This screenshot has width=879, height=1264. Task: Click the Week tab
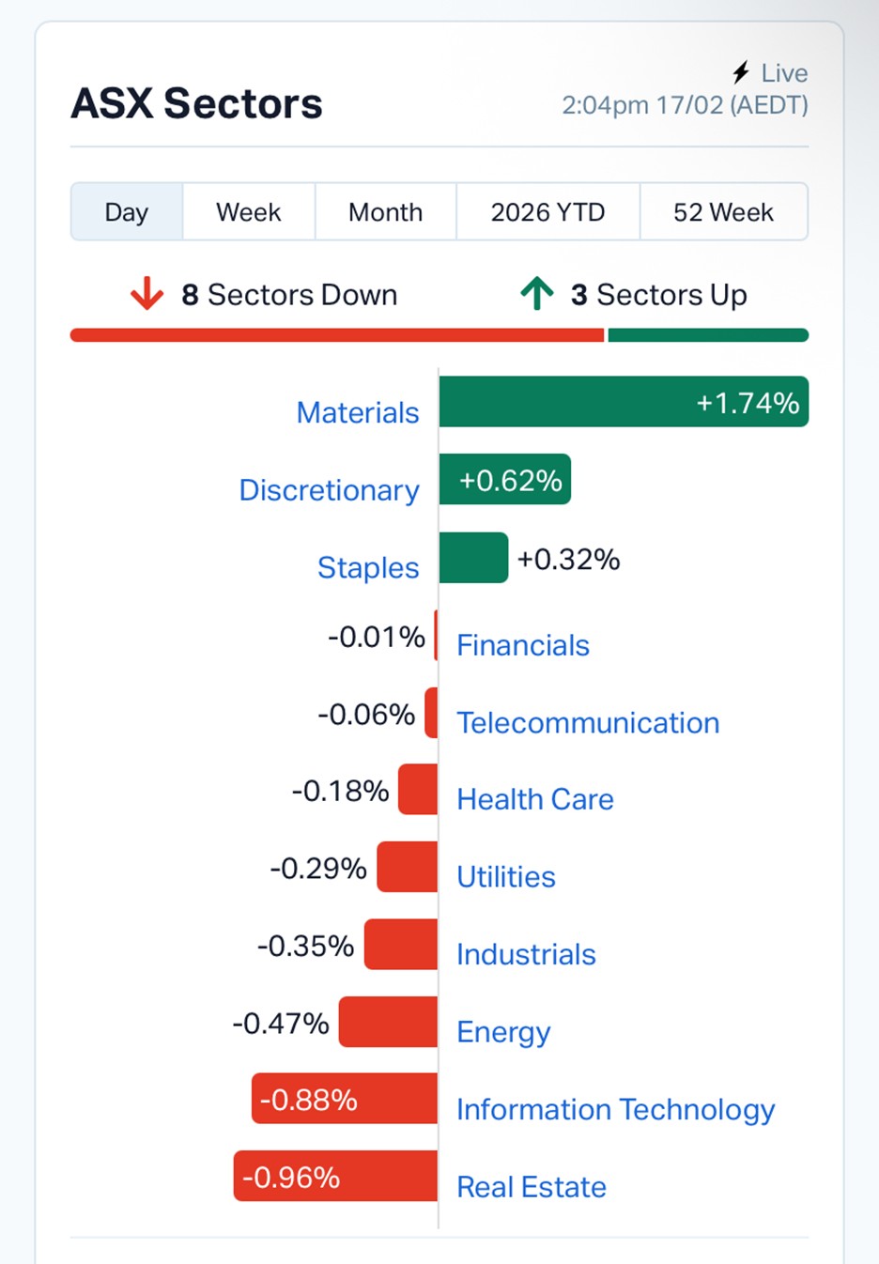248,212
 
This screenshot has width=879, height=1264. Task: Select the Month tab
385,212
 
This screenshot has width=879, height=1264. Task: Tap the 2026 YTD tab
547,212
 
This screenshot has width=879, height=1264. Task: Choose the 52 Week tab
723,212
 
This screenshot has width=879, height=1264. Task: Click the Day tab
127,212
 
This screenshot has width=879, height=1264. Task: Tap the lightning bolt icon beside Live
741,72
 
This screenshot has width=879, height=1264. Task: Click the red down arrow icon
146,294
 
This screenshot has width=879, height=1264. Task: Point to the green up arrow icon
537,294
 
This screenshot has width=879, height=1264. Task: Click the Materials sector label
358,412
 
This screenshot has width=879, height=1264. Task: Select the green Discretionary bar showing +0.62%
504,480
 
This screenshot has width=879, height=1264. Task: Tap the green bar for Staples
473,558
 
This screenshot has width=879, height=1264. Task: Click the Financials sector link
523,645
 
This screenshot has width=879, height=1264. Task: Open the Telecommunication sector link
588,722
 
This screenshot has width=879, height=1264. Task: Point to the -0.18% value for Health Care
340,791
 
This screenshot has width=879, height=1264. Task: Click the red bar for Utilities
408,867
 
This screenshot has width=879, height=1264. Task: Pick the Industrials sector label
526,954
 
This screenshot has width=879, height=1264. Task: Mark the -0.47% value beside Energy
281,1023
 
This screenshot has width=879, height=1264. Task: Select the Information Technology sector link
615,1109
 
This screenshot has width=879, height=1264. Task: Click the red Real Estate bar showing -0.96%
335,1176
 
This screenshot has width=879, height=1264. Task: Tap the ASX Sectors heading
197,103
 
